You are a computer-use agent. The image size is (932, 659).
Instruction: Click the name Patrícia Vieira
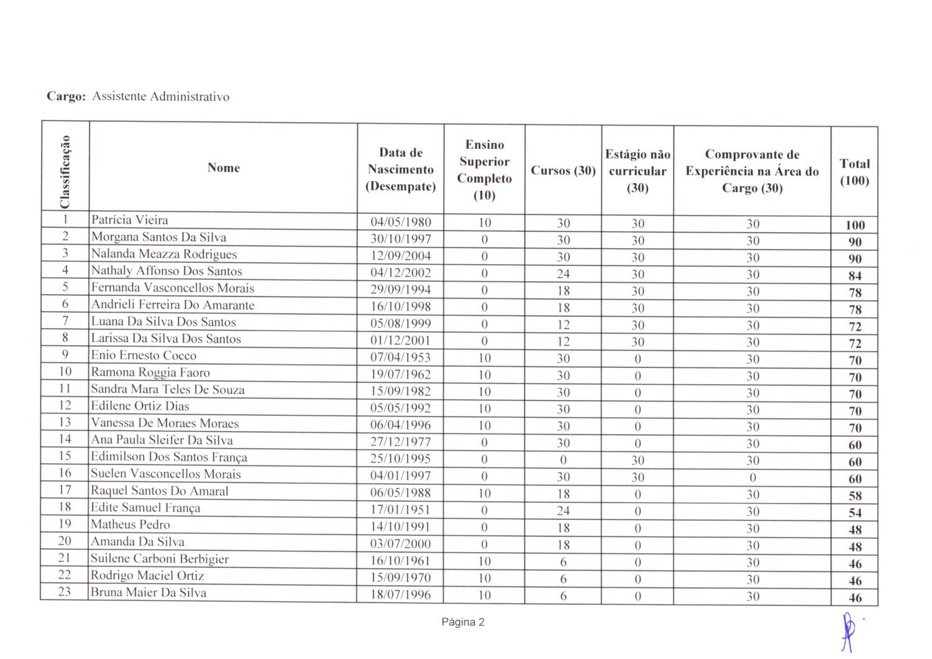(129, 220)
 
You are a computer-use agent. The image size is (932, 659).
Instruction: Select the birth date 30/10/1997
(401, 239)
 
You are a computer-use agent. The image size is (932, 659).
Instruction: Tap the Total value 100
(855, 225)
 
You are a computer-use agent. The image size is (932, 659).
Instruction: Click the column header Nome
(224, 168)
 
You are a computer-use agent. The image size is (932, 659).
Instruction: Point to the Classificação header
(65, 171)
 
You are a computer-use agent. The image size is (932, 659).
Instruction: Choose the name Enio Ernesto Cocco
(144, 356)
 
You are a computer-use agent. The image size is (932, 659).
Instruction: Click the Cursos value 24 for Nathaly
(563, 274)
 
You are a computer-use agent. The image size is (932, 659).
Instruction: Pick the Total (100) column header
(854, 172)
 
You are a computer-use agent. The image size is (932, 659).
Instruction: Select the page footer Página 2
(463, 622)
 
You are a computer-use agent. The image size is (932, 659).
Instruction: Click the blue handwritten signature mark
(847, 631)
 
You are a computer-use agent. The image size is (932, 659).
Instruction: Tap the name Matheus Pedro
(130, 524)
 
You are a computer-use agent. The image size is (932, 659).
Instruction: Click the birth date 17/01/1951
(401, 510)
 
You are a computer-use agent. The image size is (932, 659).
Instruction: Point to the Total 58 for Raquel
(855, 496)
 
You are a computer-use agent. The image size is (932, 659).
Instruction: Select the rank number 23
(65, 592)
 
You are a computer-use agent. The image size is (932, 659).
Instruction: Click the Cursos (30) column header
(563, 170)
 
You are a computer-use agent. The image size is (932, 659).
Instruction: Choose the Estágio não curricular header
(637, 171)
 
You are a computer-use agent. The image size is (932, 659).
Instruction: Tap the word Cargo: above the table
(66, 97)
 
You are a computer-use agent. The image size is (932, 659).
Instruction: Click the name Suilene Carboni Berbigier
(160, 559)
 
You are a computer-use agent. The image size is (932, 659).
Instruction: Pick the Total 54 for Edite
(855, 513)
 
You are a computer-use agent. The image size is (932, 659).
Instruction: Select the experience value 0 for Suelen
(752, 477)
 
